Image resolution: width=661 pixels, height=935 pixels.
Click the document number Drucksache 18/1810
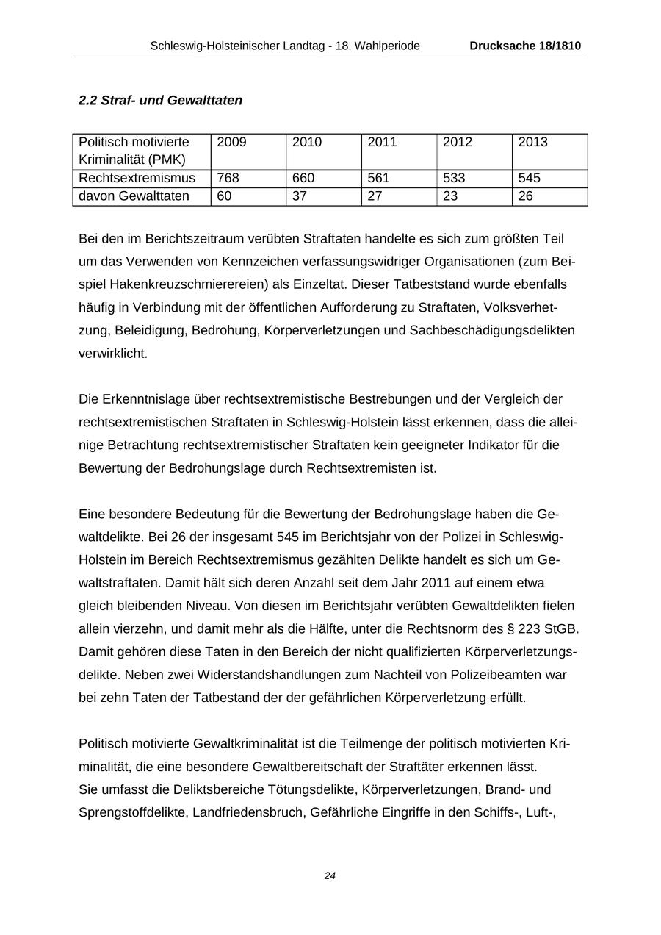[525, 46]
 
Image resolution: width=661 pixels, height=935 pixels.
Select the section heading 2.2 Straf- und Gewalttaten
[160, 100]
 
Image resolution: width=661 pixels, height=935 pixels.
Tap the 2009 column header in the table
[232, 142]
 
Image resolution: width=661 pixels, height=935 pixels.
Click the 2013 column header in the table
[532, 142]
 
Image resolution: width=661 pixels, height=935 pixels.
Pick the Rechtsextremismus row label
[137, 178]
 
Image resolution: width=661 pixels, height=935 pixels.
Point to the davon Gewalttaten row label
[134, 196]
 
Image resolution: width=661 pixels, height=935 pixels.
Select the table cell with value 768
[228, 178]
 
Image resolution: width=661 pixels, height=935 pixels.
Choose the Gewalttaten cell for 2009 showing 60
[225, 196]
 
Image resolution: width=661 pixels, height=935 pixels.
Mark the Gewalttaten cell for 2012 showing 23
[450, 196]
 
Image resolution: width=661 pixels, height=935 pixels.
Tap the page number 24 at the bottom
[330, 875]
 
